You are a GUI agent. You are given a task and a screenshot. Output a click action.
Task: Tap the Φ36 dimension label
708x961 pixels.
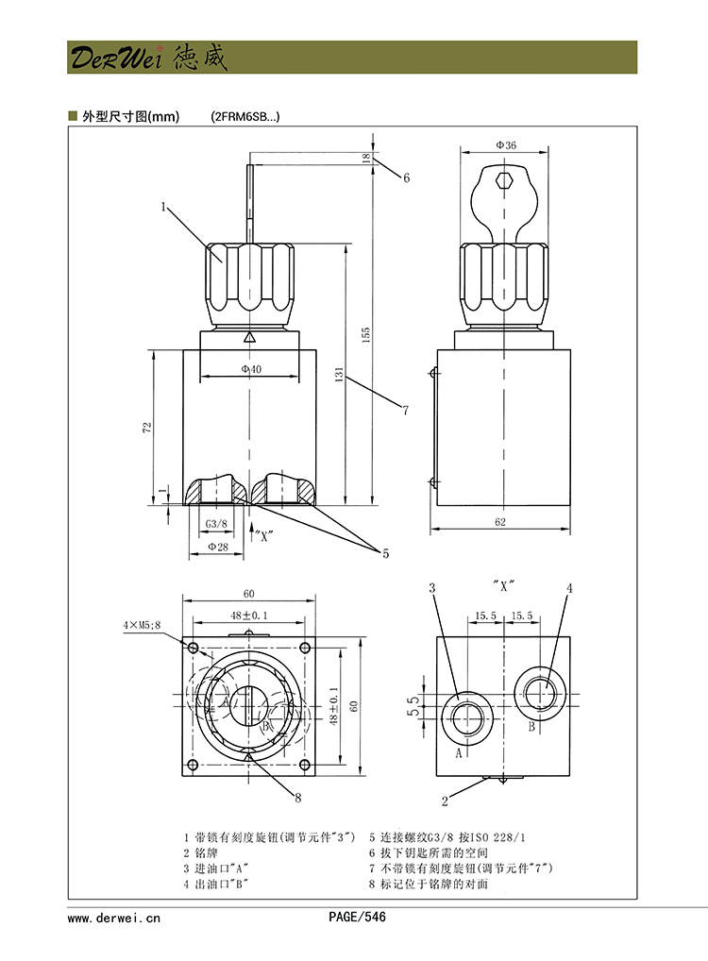[506, 145]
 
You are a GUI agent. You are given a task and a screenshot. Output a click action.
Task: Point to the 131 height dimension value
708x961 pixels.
[339, 375]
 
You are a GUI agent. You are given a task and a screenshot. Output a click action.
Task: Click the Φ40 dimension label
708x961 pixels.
[250, 369]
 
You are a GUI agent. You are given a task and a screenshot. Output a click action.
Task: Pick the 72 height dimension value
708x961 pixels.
[146, 428]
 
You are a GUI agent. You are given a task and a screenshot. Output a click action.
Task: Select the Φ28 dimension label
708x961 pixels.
[216, 547]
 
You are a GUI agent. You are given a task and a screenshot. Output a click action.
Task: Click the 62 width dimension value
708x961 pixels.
[499, 521]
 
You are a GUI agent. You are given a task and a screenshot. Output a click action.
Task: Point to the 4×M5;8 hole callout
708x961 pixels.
[143, 625]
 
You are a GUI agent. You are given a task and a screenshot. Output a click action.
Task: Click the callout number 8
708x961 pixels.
[297, 798]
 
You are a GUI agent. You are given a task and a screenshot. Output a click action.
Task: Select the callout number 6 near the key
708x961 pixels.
[406, 177]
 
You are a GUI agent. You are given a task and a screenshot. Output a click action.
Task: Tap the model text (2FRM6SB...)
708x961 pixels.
[244, 117]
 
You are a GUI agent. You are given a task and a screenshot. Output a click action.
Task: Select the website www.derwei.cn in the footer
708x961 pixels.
[114, 917]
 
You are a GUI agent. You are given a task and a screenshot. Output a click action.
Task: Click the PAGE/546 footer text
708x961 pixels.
[357, 917]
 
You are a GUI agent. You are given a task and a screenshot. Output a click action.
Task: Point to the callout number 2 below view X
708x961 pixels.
[445, 801]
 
